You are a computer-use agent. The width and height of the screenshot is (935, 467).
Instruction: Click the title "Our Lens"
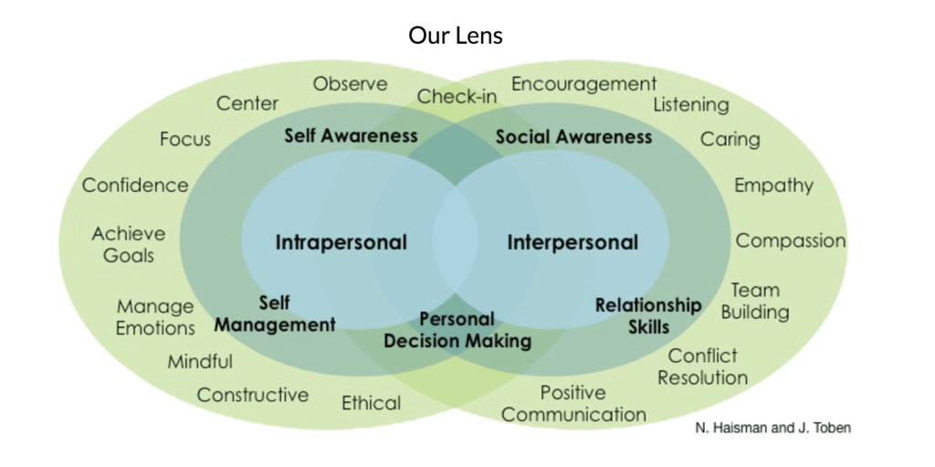tap(456, 36)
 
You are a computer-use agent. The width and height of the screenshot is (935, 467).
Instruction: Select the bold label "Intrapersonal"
tap(341, 242)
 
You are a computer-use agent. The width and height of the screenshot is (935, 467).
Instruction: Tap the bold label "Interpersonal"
tap(573, 242)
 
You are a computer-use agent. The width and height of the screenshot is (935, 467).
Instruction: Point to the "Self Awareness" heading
tap(351, 135)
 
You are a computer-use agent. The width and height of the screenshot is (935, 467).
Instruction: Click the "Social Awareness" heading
tap(573, 137)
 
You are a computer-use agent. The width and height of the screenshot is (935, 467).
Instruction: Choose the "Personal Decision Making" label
tap(457, 330)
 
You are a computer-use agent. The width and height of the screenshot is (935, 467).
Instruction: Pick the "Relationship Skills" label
tap(648, 316)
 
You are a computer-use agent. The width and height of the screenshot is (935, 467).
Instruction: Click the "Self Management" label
tap(275, 314)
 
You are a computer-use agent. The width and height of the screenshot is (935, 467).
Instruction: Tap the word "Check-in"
tap(457, 96)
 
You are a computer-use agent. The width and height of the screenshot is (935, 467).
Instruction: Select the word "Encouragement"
tap(583, 84)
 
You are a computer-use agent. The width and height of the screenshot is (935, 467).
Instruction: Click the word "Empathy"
tap(773, 186)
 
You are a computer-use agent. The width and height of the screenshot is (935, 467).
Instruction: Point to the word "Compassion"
tap(791, 240)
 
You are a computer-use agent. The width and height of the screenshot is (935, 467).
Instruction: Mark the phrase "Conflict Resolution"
tap(702, 366)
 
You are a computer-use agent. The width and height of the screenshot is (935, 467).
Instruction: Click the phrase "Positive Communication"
tap(573, 404)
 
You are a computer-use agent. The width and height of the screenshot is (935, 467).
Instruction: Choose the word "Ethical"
tap(371, 403)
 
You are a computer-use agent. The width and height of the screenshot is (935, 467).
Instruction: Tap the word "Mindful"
tap(200, 361)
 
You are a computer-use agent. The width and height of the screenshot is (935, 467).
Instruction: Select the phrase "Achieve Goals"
tap(128, 244)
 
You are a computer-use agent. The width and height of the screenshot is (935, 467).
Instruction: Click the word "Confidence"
tap(135, 186)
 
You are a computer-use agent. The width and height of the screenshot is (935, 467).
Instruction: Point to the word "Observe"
tap(350, 83)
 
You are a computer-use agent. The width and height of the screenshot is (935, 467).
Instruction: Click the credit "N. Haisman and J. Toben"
tap(772, 428)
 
